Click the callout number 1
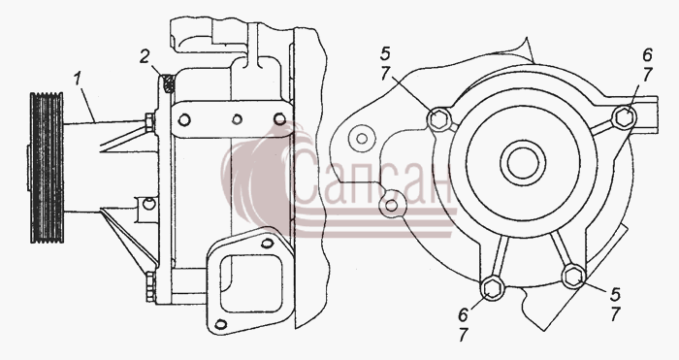tap(78, 80)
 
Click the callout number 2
tap(145, 57)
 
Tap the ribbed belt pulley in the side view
tap(47, 167)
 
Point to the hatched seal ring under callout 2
tap(170, 84)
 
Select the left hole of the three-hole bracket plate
tap(184, 120)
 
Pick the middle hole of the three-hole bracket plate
tap(237, 119)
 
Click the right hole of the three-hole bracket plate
tap(280, 118)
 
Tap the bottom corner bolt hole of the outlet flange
tap(221, 324)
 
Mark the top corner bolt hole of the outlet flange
tap(268, 244)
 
